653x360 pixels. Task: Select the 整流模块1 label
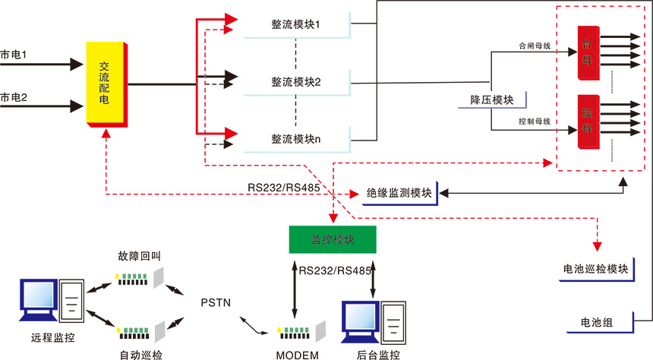[x=295, y=25]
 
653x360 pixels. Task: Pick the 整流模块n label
[x=295, y=139]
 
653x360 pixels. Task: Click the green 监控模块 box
[x=333, y=240]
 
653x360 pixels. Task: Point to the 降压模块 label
[x=492, y=99]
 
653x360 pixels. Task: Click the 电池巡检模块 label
[x=595, y=270]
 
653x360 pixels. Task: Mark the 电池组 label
[x=595, y=323]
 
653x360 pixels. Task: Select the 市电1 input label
[x=14, y=55]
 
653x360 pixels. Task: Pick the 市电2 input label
[x=14, y=97]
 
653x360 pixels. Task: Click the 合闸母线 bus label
[x=534, y=45]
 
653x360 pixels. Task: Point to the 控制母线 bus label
[x=534, y=122]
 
